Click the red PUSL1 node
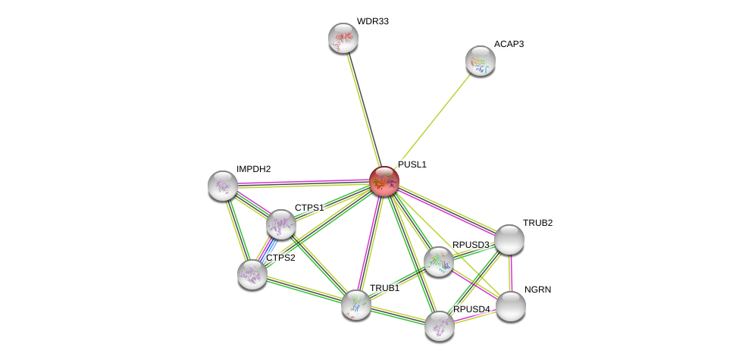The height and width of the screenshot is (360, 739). [x=384, y=181]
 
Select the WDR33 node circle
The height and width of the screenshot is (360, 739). [x=343, y=38]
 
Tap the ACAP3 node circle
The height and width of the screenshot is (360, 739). [x=480, y=61]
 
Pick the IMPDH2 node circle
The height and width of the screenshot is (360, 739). [x=223, y=186]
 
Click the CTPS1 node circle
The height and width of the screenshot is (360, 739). [x=280, y=224]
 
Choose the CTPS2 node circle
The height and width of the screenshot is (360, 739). [x=252, y=274]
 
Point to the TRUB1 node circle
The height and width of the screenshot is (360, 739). [x=355, y=305]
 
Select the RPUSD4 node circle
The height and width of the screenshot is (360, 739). [x=439, y=326]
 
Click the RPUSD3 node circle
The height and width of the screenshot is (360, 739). [x=438, y=261]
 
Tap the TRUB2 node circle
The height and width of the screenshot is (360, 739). [x=509, y=239]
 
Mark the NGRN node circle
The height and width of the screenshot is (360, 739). [x=510, y=306]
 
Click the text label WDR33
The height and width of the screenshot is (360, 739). [x=372, y=21]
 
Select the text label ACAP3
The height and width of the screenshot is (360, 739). [x=509, y=44]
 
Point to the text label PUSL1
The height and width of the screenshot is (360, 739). [x=412, y=164]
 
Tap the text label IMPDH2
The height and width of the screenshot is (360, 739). [x=253, y=169]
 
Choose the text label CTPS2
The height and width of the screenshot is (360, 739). [x=280, y=258]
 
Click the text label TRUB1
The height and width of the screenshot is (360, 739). [x=384, y=288]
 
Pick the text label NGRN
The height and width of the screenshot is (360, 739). [x=537, y=290]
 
